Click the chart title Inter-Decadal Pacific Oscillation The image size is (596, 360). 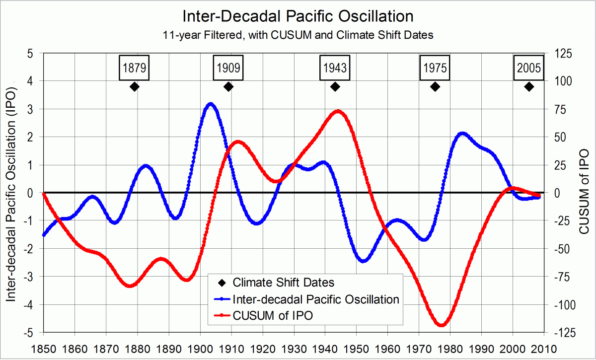tap(298, 16)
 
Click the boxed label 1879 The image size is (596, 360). tap(134, 68)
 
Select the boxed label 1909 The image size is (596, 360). tap(228, 68)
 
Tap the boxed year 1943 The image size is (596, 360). tap(335, 68)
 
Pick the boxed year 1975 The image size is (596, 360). tap(435, 68)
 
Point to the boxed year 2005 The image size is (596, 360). tap(529, 68)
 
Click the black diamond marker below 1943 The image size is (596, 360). tap(335, 87)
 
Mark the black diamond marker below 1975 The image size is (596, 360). tap(435, 87)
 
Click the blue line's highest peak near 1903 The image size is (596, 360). tap(211, 104)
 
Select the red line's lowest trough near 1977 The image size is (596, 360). tap(441, 325)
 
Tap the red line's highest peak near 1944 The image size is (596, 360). tap(338, 111)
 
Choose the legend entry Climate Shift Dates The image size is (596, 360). tap(283, 283)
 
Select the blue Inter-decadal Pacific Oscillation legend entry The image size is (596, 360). tap(316, 299)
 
